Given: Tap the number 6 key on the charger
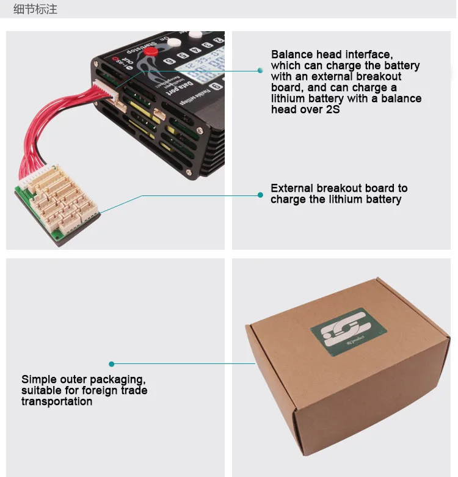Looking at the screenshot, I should pyautogui.click(x=168, y=60).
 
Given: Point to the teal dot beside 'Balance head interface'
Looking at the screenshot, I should pyautogui.click(x=260, y=71).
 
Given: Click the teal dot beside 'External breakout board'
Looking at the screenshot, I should pyautogui.click(x=260, y=195).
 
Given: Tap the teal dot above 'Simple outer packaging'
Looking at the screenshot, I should pyautogui.click(x=111, y=364).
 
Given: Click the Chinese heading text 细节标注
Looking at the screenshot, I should pyautogui.click(x=35, y=10).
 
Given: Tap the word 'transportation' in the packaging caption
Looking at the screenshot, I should pyautogui.click(x=57, y=401).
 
